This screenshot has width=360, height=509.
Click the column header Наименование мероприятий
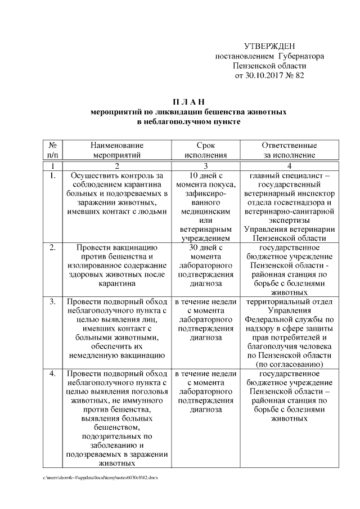[x=117, y=150]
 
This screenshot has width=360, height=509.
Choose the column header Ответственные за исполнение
[x=289, y=150]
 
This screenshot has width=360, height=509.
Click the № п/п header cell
[x=52, y=150]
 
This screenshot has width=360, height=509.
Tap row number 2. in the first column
[x=52, y=247]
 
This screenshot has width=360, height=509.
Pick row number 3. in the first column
[x=52, y=302]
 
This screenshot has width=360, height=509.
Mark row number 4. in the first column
[x=52, y=373]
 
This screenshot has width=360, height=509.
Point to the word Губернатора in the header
[x=301, y=56]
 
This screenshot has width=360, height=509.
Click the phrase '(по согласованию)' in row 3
[x=289, y=364]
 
